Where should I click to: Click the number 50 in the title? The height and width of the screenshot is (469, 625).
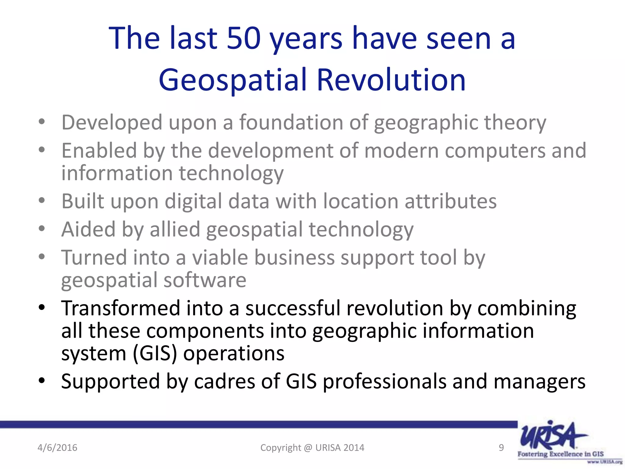[x=244, y=38]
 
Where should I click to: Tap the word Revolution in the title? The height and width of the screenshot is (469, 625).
[x=391, y=80]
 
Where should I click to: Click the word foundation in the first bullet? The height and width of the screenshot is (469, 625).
[x=291, y=122]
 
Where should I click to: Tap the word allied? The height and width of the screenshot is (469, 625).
[x=175, y=229]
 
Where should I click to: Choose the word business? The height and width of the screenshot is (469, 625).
[x=294, y=257]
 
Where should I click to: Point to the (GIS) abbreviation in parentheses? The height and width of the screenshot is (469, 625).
[x=155, y=353]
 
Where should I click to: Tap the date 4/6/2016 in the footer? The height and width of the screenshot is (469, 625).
[x=57, y=448]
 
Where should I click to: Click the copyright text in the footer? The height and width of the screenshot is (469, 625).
[x=312, y=448]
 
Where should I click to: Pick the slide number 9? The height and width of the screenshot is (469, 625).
[x=501, y=448]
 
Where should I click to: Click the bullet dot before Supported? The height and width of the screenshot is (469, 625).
[x=42, y=381]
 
